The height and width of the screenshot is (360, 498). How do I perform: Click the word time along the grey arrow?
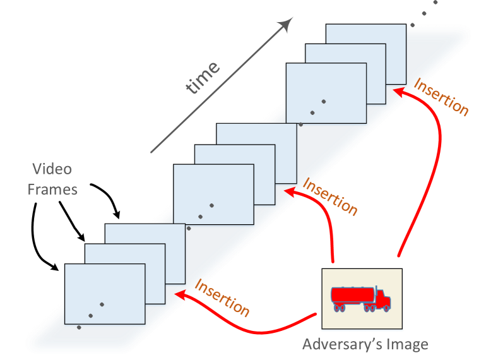pyautogui.click(x=204, y=77)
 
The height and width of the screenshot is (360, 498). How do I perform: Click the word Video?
pyautogui.click(x=52, y=169)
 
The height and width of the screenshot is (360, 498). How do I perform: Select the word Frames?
pyautogui.click(x=52, y=189)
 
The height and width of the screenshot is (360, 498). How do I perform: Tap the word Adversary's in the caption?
pyautogui.click(x=338, y=345)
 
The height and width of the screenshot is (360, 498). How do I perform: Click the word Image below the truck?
pyautogui.click(x=405, y=345)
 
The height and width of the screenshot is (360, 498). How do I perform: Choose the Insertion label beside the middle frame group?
pyautogui.click(x=330, y=196)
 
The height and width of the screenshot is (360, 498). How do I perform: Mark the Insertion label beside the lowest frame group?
pyautogui.click(x=222, y=297)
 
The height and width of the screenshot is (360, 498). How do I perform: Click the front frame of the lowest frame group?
pyautogui.click(x=105, y=294)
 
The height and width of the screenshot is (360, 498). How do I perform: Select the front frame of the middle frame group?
pyautogui.click(x=213, y=195)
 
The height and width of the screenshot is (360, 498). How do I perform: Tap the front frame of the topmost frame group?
pyautogui.click(x=326, y=92)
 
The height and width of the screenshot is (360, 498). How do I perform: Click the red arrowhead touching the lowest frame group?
pyautogui.click(x=179, y=294)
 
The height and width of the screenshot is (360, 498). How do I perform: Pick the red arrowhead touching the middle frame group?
pyautogui.click(x=288, y=191)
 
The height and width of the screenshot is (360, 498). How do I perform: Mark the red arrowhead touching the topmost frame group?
pyautogui.click(x=398, y=92)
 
